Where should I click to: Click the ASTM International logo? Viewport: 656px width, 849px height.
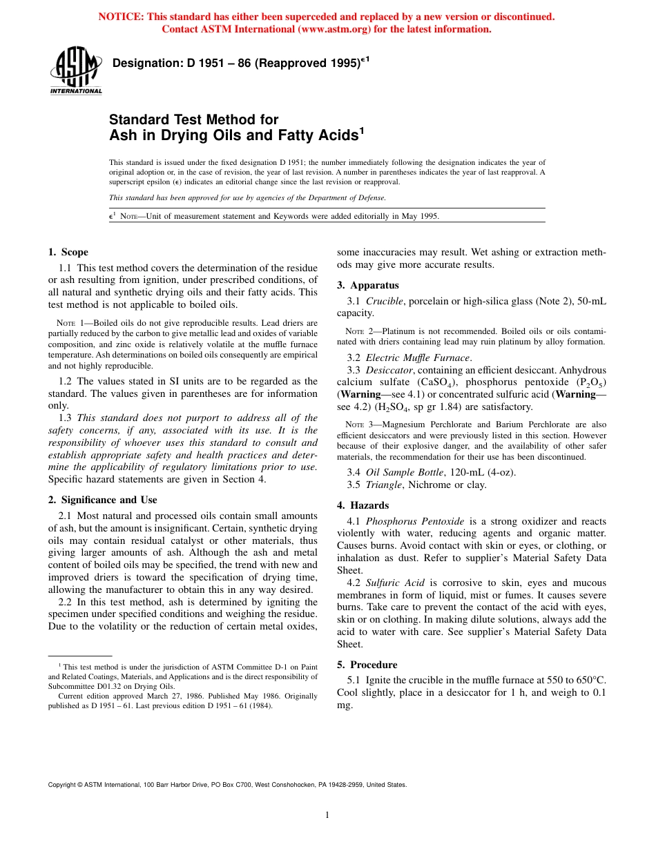click(76, 71)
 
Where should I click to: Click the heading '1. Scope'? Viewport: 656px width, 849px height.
click(68, 252)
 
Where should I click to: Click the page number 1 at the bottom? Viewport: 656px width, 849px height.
click(327, 815)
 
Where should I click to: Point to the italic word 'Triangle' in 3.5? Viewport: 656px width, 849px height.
click(385, 485)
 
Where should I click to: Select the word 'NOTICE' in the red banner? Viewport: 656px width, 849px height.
click(121, 17)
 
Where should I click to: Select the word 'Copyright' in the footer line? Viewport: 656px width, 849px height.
click(62, 785)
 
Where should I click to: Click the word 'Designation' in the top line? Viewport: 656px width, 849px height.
click(146, 64)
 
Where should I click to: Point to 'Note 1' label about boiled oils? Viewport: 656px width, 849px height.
click(69, 322)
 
